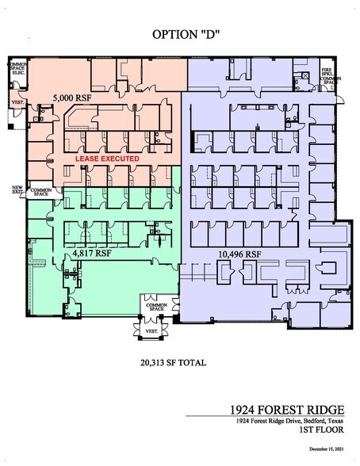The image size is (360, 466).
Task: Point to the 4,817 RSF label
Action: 90,254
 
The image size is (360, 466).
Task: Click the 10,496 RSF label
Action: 238,254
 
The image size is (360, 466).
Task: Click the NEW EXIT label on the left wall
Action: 17,190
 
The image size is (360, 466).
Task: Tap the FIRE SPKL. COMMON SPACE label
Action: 331,74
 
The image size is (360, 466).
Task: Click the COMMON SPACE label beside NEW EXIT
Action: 40,192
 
